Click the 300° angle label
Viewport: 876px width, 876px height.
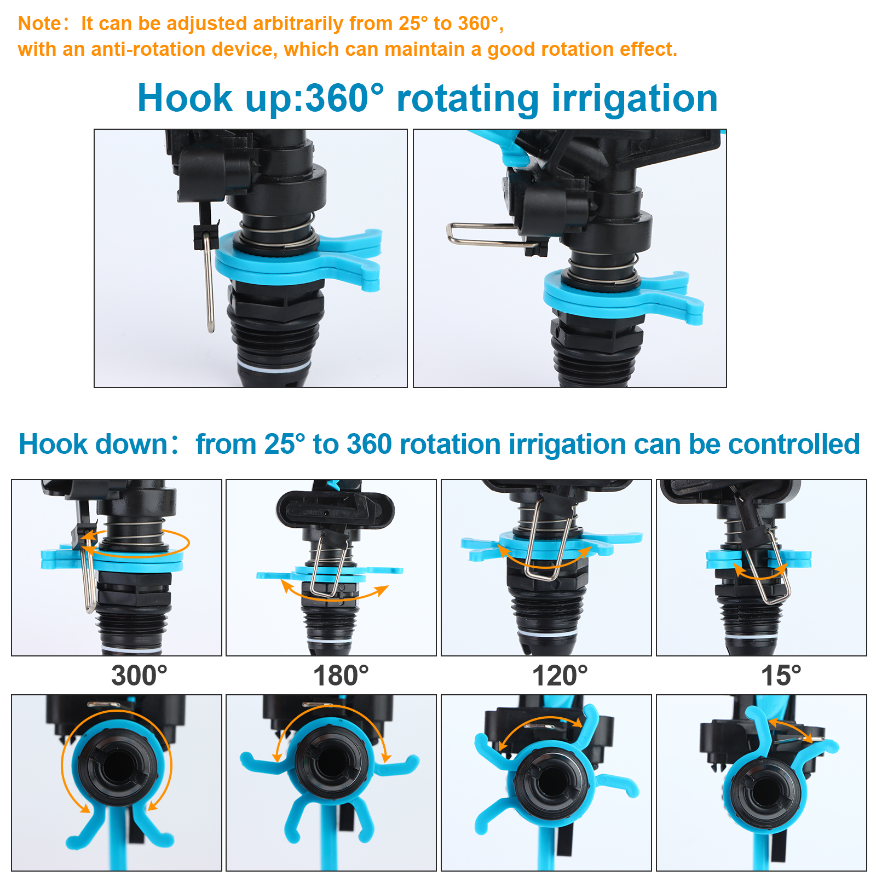(139, 676)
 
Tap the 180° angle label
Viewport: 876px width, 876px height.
(341, 676)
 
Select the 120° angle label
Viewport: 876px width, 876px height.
(560, 676)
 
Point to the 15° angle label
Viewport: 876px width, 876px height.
(781, 676)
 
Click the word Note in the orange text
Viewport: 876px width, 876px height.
(40, 24)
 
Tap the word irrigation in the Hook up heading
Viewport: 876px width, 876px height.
(635, 100)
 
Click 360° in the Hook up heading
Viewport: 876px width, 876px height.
(344, 99)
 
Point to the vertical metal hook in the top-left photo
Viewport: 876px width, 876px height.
(209, 282)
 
